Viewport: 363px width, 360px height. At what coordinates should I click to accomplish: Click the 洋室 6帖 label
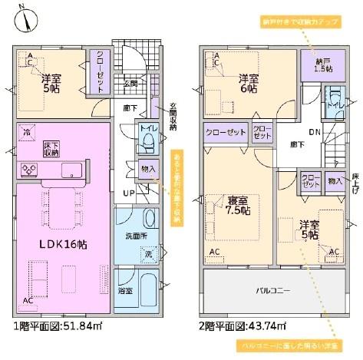tap(248, 83)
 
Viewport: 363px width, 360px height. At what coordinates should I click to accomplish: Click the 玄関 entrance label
tap(131, 83)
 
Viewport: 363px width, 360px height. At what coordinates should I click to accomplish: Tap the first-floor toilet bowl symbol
tap(150, 143)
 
